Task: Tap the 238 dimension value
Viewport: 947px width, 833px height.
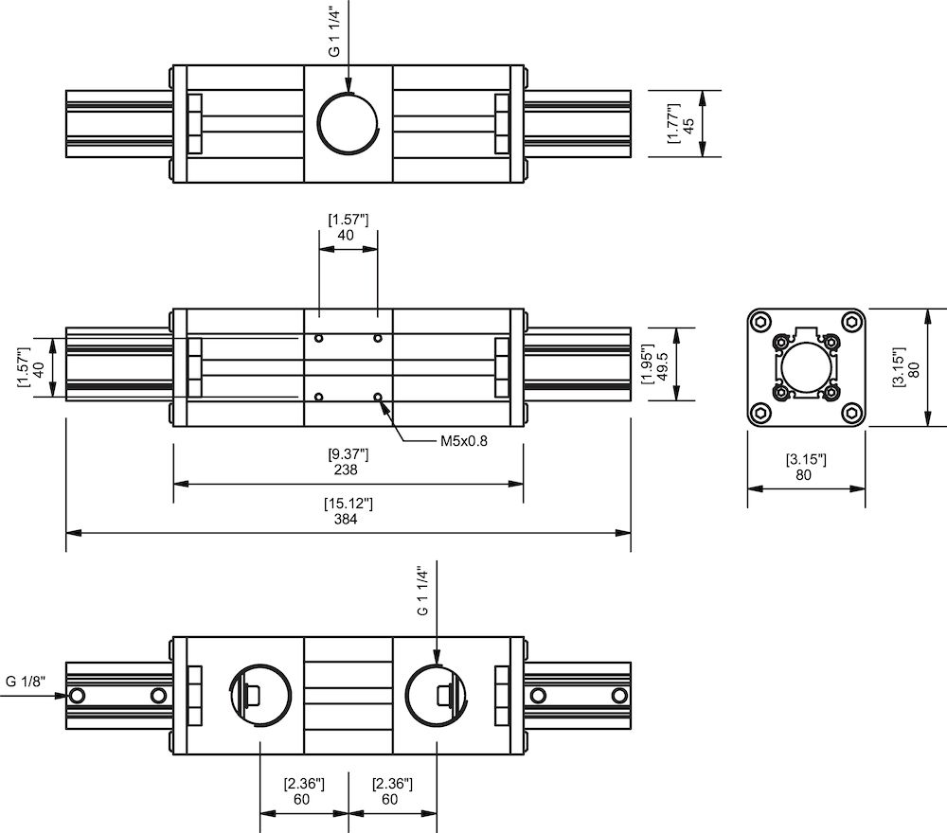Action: [347, 470]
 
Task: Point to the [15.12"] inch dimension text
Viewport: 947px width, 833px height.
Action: [347, 504]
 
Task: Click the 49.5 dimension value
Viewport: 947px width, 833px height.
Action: [663, 364]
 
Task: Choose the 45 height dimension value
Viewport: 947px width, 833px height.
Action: [688, 124]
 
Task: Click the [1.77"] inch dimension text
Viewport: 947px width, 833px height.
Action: [672, 124]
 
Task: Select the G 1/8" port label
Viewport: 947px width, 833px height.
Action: [26, 681]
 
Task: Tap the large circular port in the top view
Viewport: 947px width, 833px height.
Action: [348, 126]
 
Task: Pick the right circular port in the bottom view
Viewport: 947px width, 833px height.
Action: [435, 697]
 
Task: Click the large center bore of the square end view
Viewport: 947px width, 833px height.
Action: [806, 367]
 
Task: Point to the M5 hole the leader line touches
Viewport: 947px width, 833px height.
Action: [378, 397]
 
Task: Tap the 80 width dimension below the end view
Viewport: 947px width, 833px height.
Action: [804, 475]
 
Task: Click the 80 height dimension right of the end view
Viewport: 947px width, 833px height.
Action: [914, 367]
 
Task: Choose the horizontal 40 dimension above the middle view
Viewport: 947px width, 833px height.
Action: [347, 235]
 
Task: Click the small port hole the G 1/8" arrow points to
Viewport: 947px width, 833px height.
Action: [78, 696]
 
